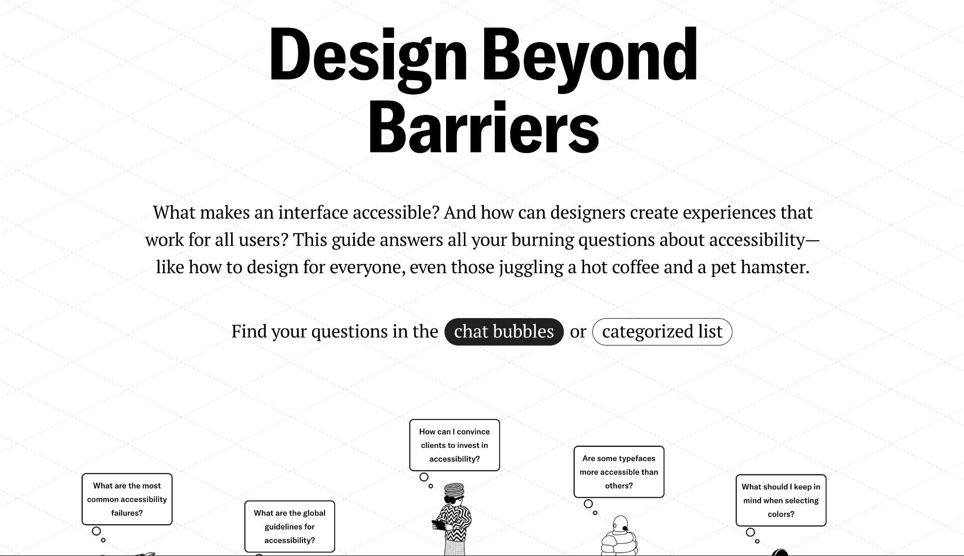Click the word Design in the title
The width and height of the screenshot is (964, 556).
[367, 56]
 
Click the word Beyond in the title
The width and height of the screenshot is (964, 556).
[589, 56]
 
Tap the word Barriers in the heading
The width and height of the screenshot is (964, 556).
[484, 128]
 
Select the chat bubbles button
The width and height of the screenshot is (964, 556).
[503, 332]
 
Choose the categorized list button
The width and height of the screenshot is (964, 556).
[662, 332]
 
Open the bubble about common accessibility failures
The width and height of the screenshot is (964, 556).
[127, 499]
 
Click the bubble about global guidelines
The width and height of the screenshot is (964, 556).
[289, 526]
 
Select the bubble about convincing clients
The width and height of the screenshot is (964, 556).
[454, 445]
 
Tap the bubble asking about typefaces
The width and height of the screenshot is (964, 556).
[619, 472]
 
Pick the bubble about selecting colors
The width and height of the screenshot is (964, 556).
[781, 500]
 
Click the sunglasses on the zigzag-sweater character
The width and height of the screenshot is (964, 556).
[453, 500]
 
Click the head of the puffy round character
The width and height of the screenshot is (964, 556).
[620, 523]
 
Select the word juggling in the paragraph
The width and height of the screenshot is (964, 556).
[531, 267]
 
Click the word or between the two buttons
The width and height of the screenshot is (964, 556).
[578, 332]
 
